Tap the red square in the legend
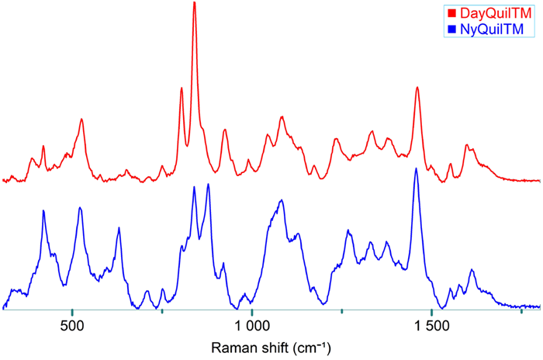point(451,14)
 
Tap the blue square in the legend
point(451,30)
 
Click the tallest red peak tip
point(194,3)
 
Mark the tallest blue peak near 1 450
point(416,168)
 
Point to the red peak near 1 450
point(417,87)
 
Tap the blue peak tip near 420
point(43,210)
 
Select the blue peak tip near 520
point(80,207)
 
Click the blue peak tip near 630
point(119,227)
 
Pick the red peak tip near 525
point(81,119)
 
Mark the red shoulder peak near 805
point(182,88)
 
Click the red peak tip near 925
point(224,130)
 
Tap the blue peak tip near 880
point(208,184)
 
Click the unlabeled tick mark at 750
point(161,311)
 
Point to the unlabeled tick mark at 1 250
point(341,311)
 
